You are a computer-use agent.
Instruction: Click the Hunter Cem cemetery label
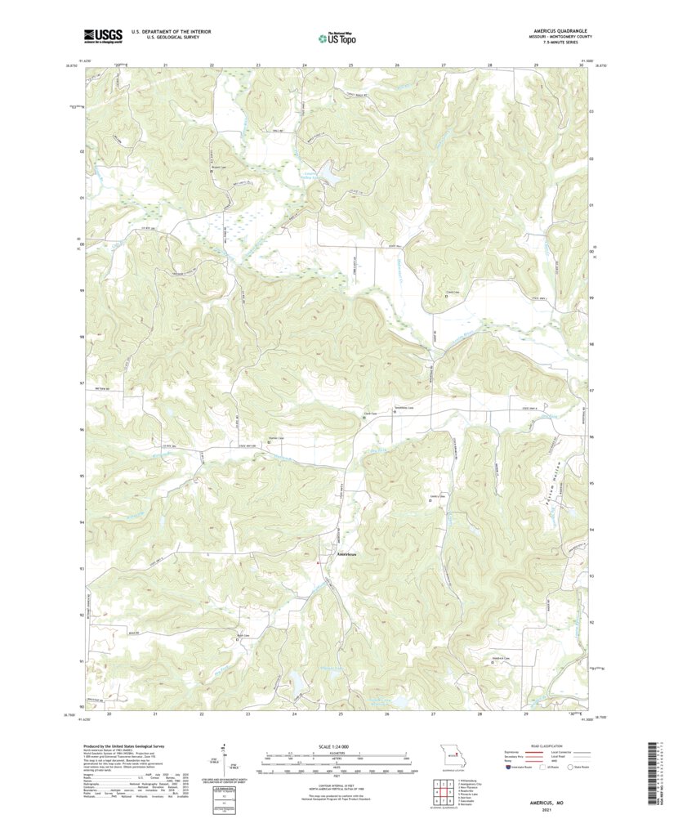tap(277, 437)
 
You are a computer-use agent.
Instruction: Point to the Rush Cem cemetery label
tap(243, 635)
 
